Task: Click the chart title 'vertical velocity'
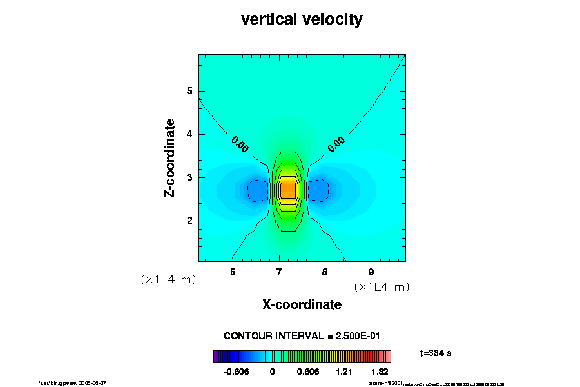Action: tap(302, 19)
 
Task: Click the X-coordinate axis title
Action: tap(302, 304)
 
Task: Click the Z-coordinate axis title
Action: tap(170, 157)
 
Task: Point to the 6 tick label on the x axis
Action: tap(233, 272)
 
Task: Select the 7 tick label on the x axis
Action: tap(279, 272)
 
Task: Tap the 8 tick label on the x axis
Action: tap(325, 272)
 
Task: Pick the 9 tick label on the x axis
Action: tap(371, 272)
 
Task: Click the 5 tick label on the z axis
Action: tap(190, 91)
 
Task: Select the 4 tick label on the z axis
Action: tap(190, 134)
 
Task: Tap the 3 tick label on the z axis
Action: tap(190, 177)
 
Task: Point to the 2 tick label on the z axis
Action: tap(190, 221)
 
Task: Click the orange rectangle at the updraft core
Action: tap(287, 190)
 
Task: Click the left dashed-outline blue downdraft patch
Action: tap(258, 190)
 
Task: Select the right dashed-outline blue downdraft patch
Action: tap(318, 190)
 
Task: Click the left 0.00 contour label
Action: tap(240, 144)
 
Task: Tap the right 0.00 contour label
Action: tap(336, 144)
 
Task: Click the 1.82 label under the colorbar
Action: tap(380, 372)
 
